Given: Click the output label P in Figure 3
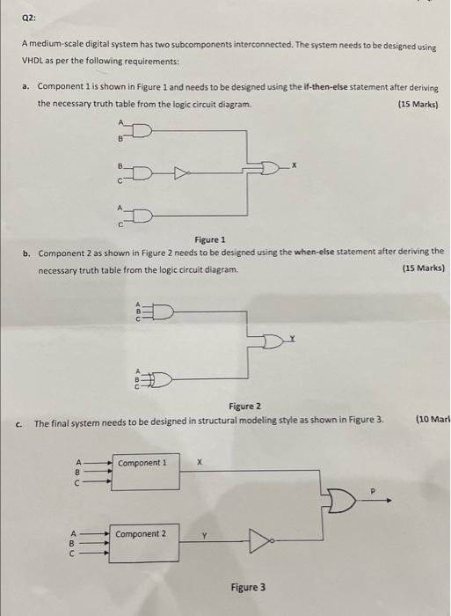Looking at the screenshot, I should (x=370, y=490).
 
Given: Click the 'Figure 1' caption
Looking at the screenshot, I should (x=210, y=239).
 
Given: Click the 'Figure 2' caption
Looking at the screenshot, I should (x=245, y=406).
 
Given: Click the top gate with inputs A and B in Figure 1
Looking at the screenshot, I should (x=142, y=132).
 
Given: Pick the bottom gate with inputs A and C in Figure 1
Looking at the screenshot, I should (x=142, y=216).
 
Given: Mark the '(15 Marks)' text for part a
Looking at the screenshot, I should (x=418, y=104).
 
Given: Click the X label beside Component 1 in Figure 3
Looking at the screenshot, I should (x=200, y=461).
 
